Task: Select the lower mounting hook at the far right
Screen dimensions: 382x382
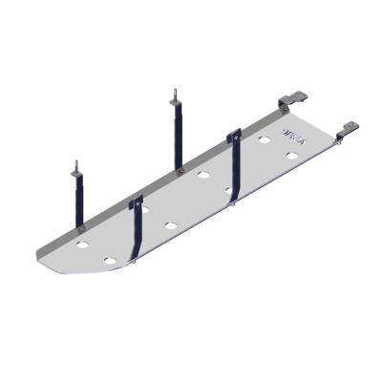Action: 348,128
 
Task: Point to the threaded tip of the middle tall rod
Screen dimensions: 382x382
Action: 174,96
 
